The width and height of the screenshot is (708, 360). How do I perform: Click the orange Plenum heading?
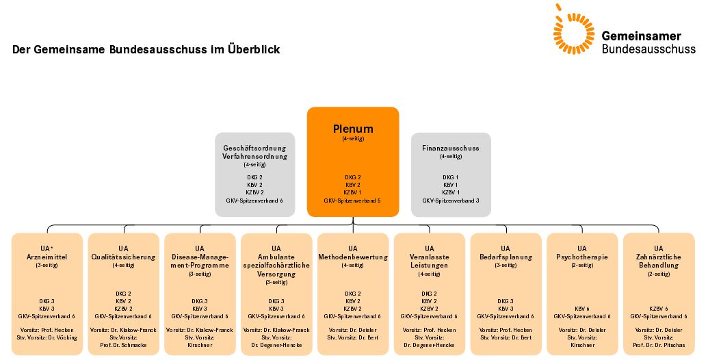coord(353,129)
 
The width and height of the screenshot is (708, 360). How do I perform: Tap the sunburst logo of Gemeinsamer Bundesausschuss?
coord(573,31)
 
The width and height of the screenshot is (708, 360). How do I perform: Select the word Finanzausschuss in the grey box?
coord(450,148)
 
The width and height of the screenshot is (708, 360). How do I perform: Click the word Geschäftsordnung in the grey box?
coord(254,148)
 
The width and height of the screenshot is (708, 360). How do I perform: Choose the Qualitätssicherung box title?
coord(123,257)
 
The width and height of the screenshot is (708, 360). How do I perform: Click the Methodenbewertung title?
coord(353,257)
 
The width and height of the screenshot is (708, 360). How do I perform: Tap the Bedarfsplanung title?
coord(506,257)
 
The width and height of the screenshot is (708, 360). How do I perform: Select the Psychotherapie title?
coord(581,257)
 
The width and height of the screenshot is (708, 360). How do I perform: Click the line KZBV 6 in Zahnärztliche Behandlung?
coord(658,309)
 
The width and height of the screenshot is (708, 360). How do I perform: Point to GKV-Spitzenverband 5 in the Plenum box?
coord(352,201)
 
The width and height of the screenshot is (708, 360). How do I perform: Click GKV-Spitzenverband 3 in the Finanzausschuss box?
coord(450,201)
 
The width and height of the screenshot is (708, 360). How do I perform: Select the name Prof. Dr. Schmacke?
coord(123,345)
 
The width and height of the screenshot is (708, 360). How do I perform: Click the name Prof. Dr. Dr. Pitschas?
coord(658,345)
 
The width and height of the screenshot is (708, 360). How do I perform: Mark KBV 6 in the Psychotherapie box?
coord(581,309)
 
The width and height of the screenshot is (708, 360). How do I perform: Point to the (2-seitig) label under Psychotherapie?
coord(581,265)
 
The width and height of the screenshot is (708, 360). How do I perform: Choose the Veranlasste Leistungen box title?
coord(429,261)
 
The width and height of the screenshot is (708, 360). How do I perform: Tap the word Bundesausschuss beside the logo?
coord(648,49)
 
